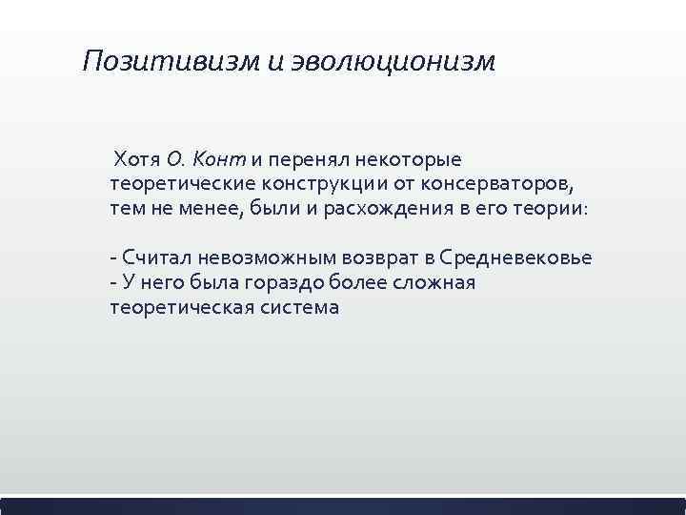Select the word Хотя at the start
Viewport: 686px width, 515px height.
[x=137, y=157]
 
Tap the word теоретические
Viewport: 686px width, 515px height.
[x=180, y=182]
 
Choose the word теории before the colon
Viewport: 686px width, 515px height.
[x=550, y=208]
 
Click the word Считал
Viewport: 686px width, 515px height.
[x=154, y=258]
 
